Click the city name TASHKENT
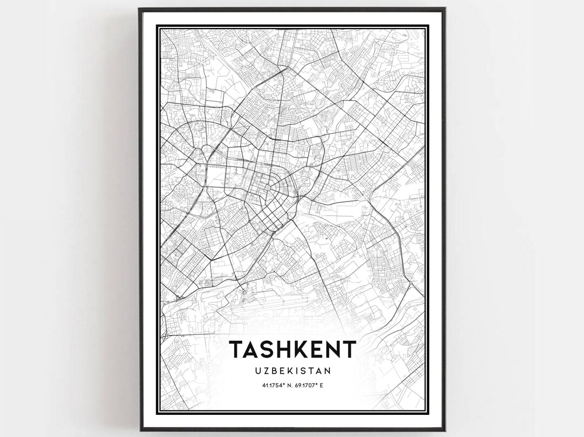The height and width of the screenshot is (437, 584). click(293, 350)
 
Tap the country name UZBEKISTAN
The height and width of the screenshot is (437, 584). click(293, 371)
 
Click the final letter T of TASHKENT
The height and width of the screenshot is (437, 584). click(349, 350)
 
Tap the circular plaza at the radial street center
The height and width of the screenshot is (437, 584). click(268, 187)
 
